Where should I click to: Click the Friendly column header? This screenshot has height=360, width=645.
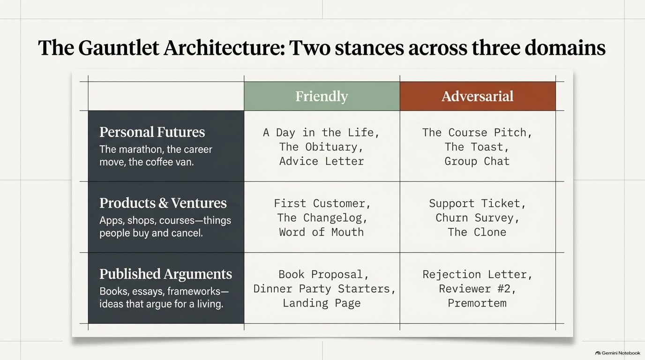coord(322,96)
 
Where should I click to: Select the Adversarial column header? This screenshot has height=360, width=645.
coord(477,96)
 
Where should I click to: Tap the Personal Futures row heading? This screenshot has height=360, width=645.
coord(152,132)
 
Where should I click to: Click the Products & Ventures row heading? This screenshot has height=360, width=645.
coord(163,203)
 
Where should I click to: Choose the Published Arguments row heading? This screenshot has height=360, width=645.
coord(165,274)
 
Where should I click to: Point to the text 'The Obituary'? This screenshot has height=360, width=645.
coord(318,147)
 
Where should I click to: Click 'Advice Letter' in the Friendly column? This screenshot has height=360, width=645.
coord(322,161)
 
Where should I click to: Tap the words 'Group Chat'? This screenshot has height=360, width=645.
coord(477,161)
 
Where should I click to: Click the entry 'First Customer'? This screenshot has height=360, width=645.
coord(319,203)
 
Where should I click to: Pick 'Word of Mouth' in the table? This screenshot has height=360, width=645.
coord(322,232)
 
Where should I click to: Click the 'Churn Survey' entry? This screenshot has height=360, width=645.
coord(474,217)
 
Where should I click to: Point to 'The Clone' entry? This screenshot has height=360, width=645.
coord(477,232)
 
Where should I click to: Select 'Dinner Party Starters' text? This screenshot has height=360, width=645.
coord(322,289)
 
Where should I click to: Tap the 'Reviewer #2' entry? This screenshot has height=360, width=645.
coord(474,289)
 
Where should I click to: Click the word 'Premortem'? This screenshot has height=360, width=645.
coord(477,303)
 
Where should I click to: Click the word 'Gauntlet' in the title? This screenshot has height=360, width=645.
coord(118,48)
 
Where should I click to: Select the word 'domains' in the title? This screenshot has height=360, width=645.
coord(565,48)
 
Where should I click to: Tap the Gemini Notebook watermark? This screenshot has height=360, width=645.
coord(618,353)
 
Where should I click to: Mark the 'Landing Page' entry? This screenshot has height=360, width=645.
coord(322,303)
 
